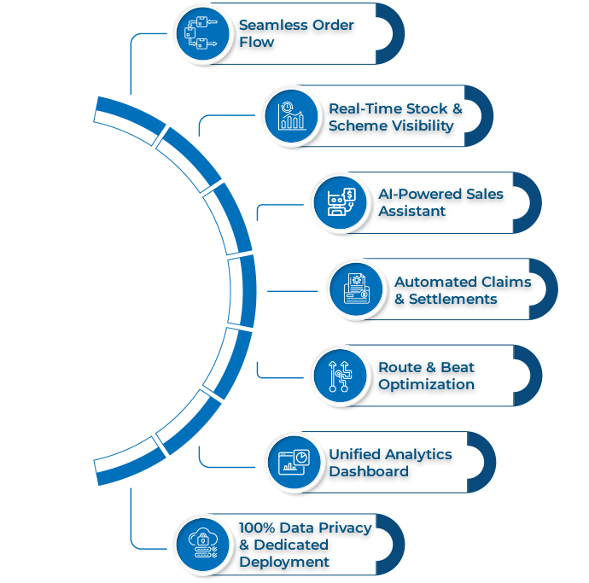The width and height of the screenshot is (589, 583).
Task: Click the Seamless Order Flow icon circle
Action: pos(202,34)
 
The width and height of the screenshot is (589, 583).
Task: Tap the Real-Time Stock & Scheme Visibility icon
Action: pos(290,117)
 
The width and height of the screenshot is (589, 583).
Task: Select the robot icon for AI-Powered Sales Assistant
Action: pos(339,202)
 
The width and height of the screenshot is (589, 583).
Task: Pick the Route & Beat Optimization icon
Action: pos(339,376)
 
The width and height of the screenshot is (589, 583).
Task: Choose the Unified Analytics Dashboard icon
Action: pos(293,462)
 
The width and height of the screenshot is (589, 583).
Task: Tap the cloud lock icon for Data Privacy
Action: pos(202,543)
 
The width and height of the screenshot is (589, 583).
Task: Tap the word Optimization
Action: pos(427,385)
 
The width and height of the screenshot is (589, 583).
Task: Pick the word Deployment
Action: pos(283,562)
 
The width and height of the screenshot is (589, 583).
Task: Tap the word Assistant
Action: pos(412,211)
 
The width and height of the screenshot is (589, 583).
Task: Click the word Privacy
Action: pos(341,527)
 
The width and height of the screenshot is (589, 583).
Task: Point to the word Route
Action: pos(400,367)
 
